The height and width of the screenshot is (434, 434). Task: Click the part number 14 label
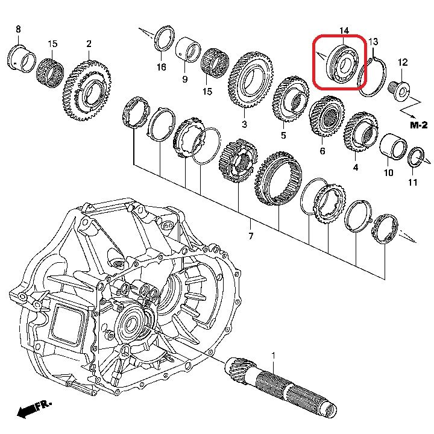point(344,31)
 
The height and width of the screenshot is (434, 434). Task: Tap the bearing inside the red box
point(339,63)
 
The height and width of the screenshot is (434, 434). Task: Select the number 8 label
point(17,29)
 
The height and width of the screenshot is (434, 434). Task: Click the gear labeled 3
point(248,82)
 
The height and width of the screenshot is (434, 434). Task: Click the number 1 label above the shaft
point(272,356)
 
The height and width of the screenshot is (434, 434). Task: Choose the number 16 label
point(162,67)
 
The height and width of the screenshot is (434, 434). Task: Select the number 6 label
point(322,151)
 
